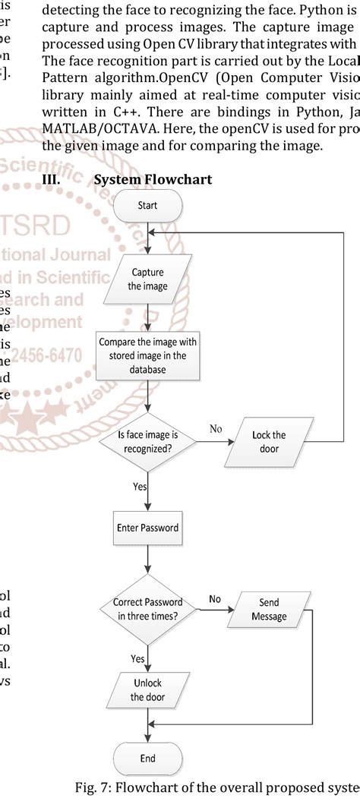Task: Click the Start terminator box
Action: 147,205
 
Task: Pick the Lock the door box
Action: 268,441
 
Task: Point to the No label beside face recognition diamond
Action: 216,429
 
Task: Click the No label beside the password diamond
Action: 215,598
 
